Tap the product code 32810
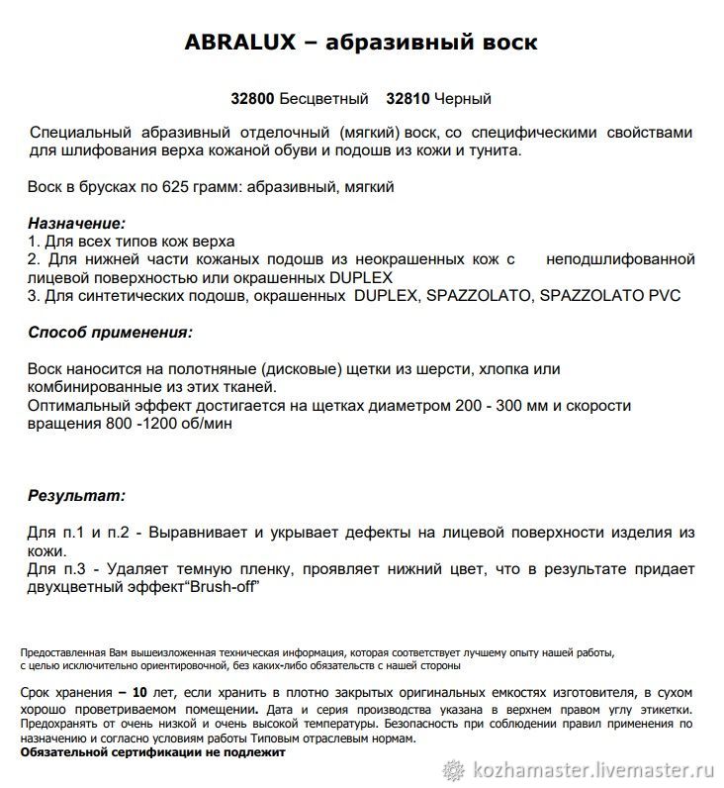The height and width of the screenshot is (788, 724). tap(408, 99)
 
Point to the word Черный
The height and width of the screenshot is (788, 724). tap(463, 99)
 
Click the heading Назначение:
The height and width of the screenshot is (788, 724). tap(77, 224)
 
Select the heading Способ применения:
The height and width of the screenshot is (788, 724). tap(110, 333)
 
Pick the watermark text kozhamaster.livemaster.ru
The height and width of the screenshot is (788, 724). tap(594, 768)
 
